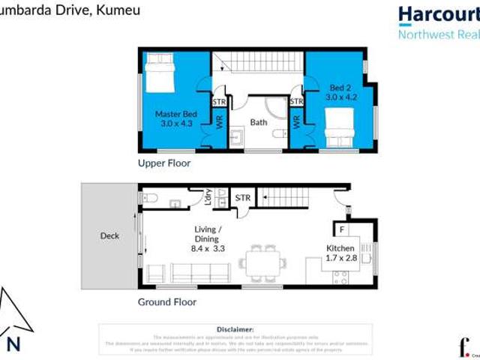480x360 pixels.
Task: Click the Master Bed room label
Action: point(175,118)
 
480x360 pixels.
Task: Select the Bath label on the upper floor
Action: point(259,121)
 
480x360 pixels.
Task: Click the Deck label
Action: point(109,235)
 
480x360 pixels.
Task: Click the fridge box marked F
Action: point(341,229)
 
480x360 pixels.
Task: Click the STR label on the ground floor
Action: point(243,198)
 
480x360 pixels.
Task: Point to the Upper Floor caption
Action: point(163,163)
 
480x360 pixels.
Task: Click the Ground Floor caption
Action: point(166,302)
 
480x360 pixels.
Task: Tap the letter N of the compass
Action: point(13,344)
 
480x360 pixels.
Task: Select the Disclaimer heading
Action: point(235,329)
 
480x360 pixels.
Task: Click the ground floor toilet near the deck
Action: point(149,199)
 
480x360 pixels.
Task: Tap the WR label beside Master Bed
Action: point(220,121)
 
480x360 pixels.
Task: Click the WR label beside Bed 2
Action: point(296,120)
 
